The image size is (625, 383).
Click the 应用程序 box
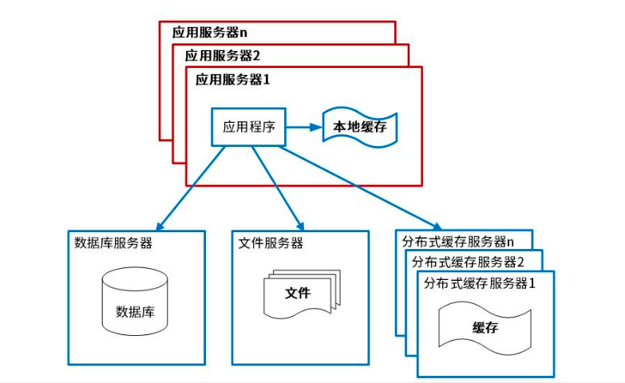pos(248,127)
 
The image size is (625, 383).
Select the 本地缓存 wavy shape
pos(360,127)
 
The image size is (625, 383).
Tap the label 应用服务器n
pos(210,33)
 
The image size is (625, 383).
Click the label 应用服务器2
pos(223,56)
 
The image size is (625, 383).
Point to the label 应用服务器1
pos(234,80)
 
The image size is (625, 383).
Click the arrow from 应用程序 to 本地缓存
pos(303,127)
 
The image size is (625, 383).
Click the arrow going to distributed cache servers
pos(359,188)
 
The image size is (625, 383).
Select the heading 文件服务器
pos(271,243)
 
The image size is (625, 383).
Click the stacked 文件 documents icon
pos(301,294)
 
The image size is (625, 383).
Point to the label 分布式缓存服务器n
pos(457,241)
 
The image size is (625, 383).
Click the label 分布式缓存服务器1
pos(479,282)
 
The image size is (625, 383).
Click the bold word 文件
pos(298,293)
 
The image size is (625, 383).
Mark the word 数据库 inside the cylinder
pos(135,311)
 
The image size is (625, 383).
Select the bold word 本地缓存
pos(360,127)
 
